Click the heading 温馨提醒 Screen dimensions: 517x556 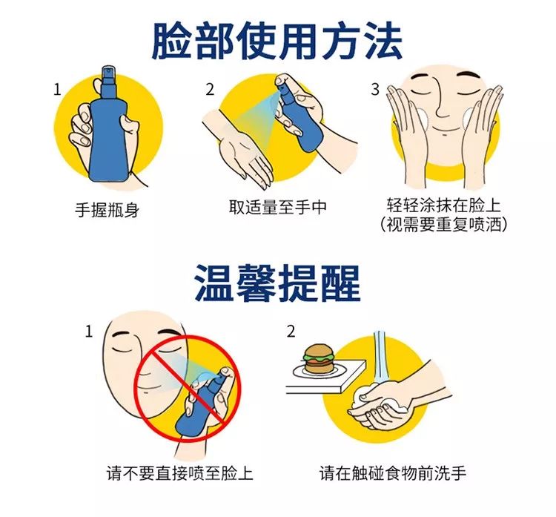pos(277,280)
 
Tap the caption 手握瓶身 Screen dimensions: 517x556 pos(107,210)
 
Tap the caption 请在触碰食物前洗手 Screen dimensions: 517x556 pos(393,472)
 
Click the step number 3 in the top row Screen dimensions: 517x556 pos(375,90)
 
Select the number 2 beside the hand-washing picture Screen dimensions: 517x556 pos(291,330)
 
